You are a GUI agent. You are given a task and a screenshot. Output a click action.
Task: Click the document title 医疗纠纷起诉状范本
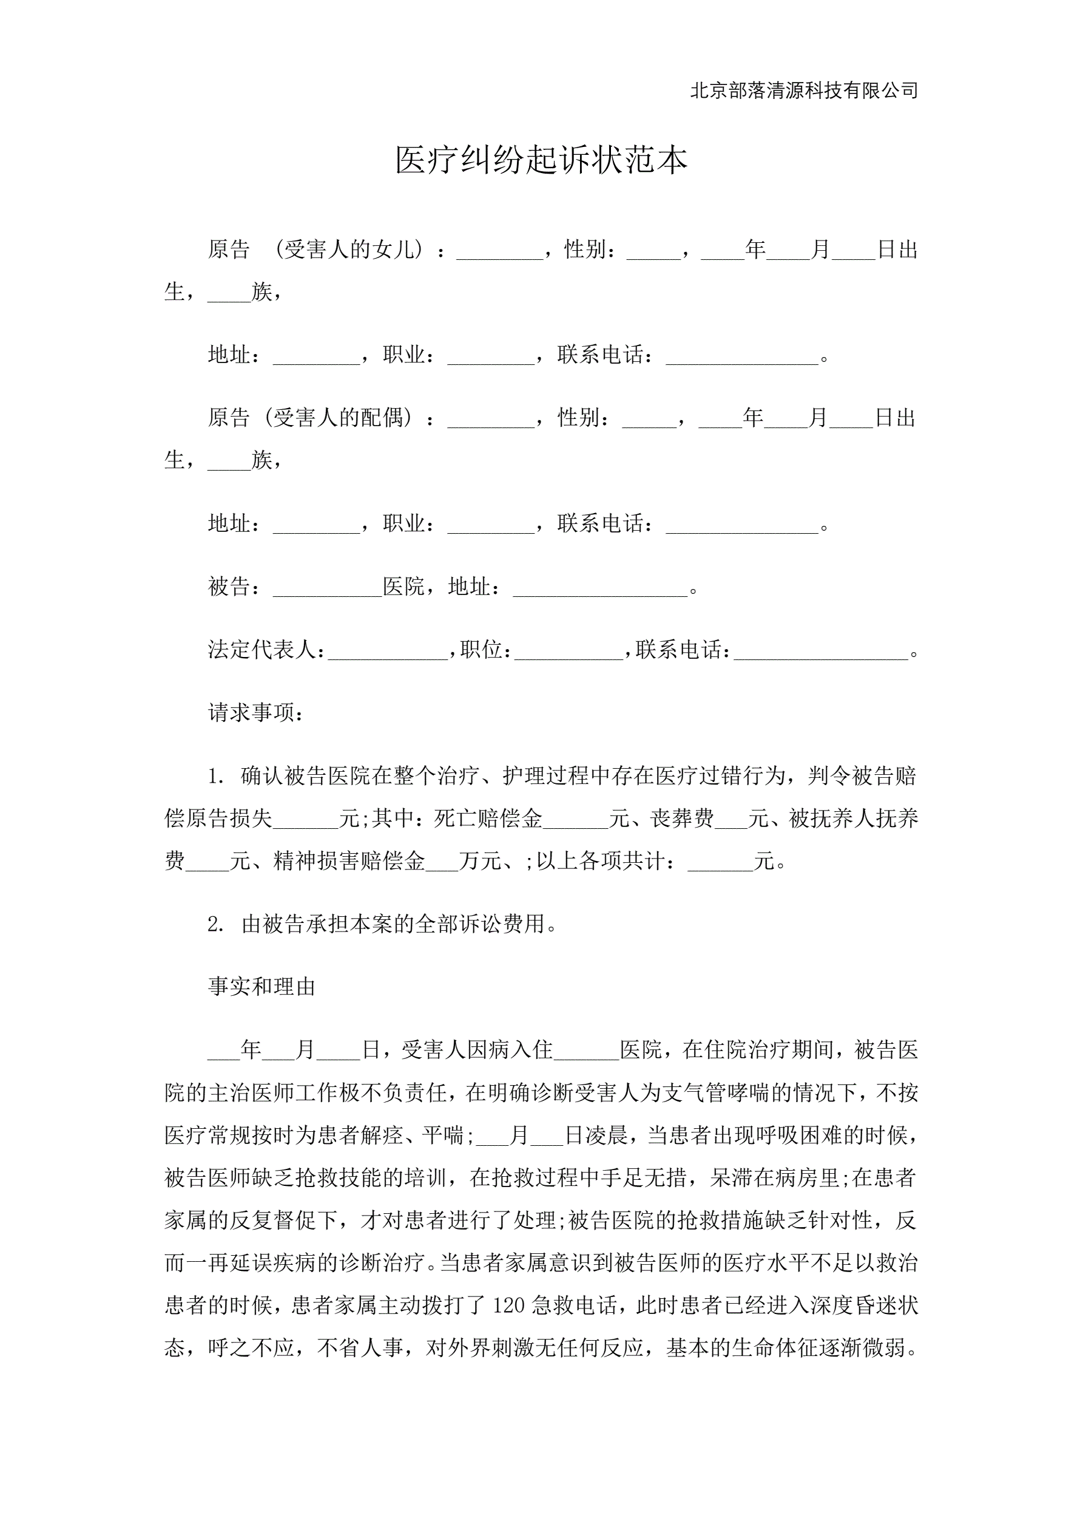click(541, 160)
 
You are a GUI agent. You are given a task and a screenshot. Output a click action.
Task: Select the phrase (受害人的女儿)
click(349, 250)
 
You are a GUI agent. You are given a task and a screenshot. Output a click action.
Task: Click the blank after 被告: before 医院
click(327, 587)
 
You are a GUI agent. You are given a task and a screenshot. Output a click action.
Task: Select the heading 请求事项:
click(257, 713)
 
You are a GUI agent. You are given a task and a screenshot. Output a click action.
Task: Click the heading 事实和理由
click(261, 987)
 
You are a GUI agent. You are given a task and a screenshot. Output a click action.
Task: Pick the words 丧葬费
click(682, 819)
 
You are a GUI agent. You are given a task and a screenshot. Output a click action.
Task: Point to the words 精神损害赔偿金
click(349, 862)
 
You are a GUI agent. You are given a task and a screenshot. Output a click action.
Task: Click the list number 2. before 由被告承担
click(215, 924)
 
